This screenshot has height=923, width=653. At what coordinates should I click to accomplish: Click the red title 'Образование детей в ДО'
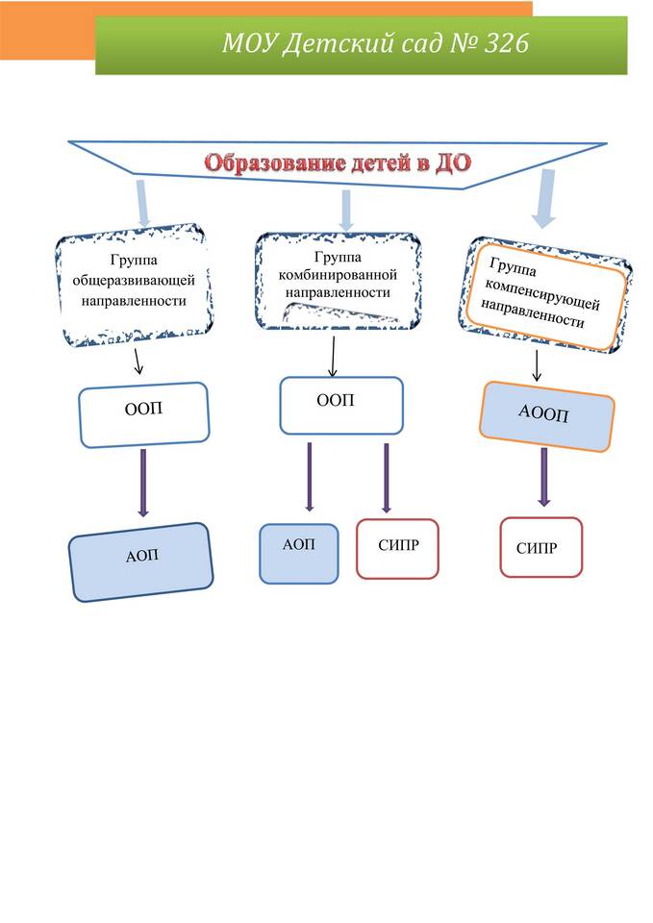pos(336,162)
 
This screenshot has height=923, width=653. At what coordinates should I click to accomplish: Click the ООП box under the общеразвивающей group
pos(144,413)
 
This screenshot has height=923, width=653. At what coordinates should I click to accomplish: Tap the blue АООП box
pos(545,416)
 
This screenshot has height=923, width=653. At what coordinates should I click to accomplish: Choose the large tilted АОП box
pos(141,561)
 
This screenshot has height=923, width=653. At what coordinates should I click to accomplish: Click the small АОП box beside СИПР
pos(299,553)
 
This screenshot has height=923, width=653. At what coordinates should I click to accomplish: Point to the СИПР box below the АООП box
pos(540,547)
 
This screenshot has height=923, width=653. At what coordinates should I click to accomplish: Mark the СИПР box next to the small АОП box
pos(397,549)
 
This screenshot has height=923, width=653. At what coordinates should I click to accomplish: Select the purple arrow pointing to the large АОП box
pos(143,483)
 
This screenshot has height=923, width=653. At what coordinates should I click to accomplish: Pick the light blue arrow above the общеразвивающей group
pos(142,203)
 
